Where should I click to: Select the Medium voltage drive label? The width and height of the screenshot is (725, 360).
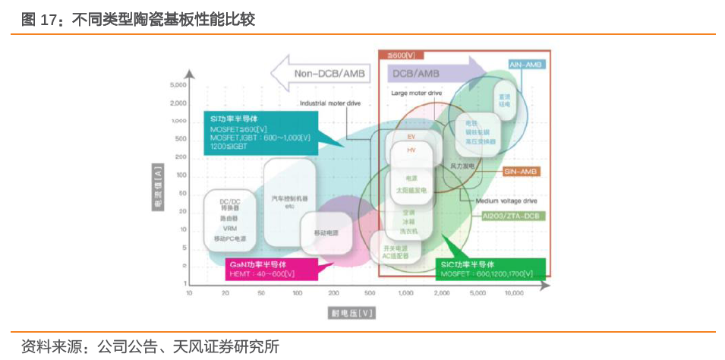pos(506,201)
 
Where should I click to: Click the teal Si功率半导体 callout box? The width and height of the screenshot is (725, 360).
pos(258,133)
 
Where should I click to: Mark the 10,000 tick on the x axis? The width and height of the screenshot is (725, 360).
pos(514,292)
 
